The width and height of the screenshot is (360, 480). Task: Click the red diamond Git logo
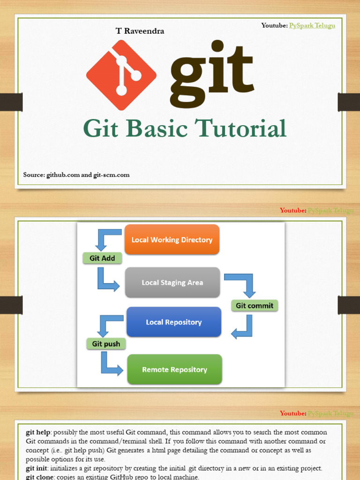click(x=121, y=75)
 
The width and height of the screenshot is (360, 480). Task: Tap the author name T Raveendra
click(x=140, y=31)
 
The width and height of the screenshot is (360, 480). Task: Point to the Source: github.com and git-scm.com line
click(x=76, y=175)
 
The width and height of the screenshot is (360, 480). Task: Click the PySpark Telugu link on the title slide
click(x=312, y=25)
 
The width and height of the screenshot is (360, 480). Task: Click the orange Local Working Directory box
click(x=172, y=240)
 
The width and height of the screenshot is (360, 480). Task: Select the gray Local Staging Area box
click(x=172, y=282)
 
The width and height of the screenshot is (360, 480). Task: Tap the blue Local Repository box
click(x=173, y=322)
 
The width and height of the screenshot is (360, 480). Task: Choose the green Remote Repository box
click(x=174, y=369)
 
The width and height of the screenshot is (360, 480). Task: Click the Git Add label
click(x=102, y=258)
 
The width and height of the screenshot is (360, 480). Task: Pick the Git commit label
click(x=255, y=306)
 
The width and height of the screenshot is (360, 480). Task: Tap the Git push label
click(x=106, y=344)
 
